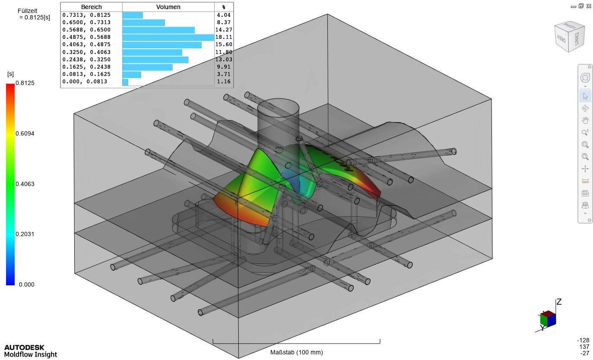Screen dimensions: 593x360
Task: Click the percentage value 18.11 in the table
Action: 224,37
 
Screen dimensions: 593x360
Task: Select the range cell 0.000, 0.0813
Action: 85,82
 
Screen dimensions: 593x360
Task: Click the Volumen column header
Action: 168,7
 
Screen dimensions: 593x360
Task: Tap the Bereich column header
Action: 91,7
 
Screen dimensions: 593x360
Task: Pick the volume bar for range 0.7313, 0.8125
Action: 133,15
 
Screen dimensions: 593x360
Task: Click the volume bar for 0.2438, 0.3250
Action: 155,60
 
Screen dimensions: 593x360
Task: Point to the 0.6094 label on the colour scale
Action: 25,133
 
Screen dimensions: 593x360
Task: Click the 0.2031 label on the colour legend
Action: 25,234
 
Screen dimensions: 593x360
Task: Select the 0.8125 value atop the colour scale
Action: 25,83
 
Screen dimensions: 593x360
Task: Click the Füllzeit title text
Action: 27,11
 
